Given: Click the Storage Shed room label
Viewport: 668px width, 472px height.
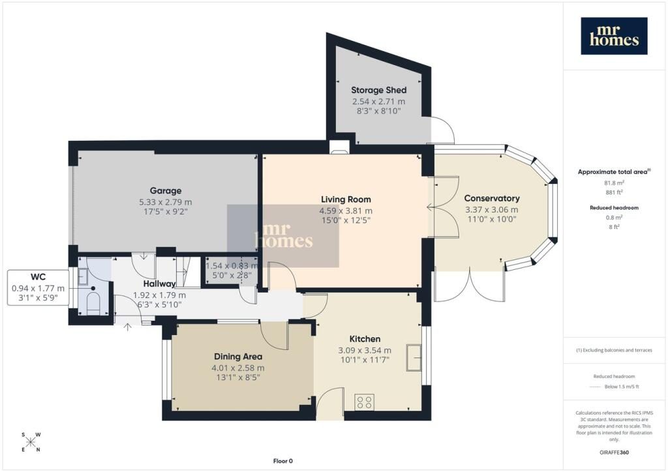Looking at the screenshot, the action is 379,90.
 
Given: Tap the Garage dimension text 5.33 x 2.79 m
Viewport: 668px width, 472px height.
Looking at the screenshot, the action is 165,202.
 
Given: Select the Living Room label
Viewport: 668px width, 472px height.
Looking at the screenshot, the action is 346,199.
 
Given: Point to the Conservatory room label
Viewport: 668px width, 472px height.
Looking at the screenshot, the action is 492,198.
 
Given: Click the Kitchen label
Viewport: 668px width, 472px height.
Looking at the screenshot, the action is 365,339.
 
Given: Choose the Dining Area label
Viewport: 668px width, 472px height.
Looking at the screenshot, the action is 237,357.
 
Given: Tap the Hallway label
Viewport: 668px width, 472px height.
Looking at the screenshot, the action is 159,284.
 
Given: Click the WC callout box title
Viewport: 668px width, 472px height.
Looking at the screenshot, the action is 38,278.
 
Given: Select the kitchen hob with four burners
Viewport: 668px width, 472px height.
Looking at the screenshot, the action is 365,402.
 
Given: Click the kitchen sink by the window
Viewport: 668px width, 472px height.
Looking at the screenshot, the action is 414,357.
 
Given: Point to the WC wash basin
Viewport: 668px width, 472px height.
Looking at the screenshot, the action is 83,276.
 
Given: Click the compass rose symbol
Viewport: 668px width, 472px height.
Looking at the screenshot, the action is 31,442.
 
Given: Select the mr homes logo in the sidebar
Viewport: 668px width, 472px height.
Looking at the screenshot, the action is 614,36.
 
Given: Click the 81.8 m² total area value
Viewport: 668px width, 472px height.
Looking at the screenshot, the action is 614,183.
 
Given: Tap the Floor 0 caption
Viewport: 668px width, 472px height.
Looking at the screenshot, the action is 283,461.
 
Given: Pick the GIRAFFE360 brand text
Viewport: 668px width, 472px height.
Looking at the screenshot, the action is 614,452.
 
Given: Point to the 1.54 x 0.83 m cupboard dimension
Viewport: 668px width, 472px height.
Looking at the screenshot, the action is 232,266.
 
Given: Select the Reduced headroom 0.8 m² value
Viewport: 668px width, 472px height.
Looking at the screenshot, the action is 614,218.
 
